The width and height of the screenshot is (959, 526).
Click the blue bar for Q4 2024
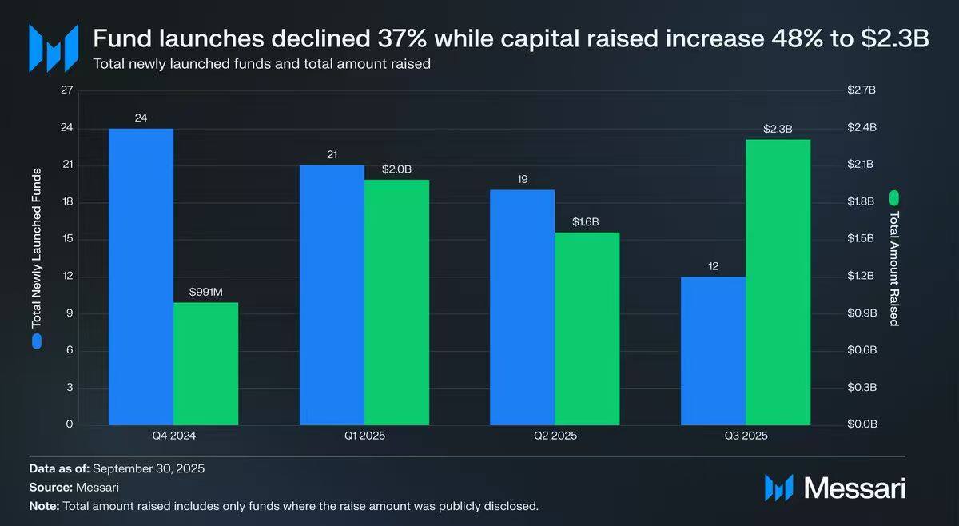pos(141,277)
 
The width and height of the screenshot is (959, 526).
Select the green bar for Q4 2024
pos(205,364)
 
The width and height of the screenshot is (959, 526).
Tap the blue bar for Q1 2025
pos(332,295)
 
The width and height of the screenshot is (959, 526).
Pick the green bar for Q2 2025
pos(587,329)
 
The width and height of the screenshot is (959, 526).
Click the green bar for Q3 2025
pos(778,282)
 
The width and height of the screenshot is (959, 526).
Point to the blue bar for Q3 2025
pos(713,351)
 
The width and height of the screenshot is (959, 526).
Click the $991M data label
pos(205,292)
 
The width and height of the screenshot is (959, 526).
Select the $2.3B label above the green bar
pos(778,129)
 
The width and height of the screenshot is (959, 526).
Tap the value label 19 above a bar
pos(522,179)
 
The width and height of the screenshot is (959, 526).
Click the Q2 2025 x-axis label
pos(555,436)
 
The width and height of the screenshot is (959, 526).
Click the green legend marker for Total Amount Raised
pos(894,196)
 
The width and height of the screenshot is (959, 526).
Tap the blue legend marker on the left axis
pos(36,342)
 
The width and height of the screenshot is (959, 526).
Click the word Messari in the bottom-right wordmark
pos(854,488)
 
